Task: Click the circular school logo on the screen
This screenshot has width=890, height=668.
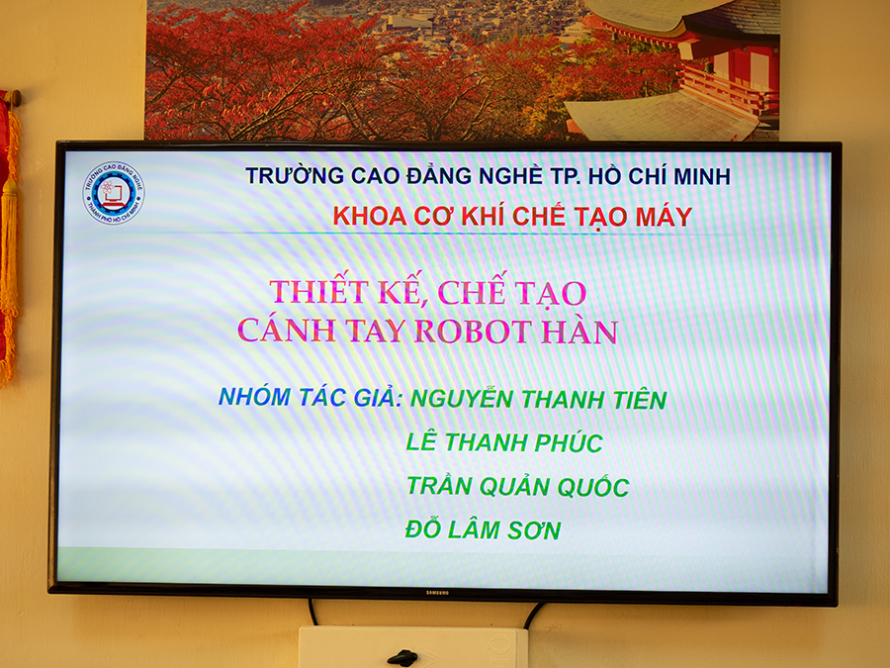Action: click(114, 193)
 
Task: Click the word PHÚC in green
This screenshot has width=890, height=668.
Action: click(569, 442)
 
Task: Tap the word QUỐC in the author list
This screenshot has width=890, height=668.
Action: click(593, 486)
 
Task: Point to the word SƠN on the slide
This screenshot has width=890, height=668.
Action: click(534, 530)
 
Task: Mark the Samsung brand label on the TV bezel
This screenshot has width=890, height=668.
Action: click(437, 593)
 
